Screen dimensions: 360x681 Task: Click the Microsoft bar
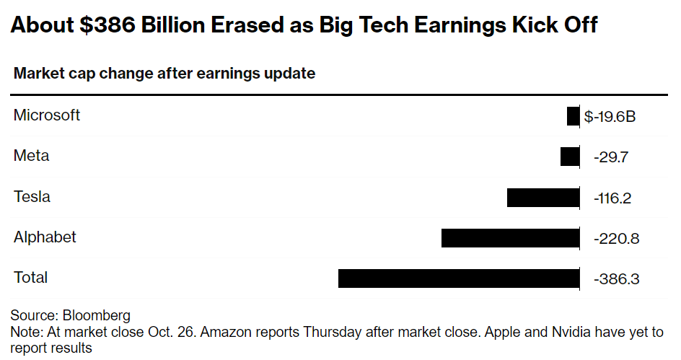573,116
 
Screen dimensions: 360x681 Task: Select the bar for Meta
570,157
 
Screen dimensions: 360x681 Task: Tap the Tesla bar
543,197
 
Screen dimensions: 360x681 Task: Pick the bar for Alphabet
510,237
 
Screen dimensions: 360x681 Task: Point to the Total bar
459,278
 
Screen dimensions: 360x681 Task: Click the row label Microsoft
47,115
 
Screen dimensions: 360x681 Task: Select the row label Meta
31,156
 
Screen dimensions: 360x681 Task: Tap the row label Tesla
32,196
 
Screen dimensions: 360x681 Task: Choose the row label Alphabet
45,237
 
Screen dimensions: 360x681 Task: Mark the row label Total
30,277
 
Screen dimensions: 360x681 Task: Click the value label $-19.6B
610,117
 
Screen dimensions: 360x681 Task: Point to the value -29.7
612,157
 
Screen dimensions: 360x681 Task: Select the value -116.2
612,198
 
